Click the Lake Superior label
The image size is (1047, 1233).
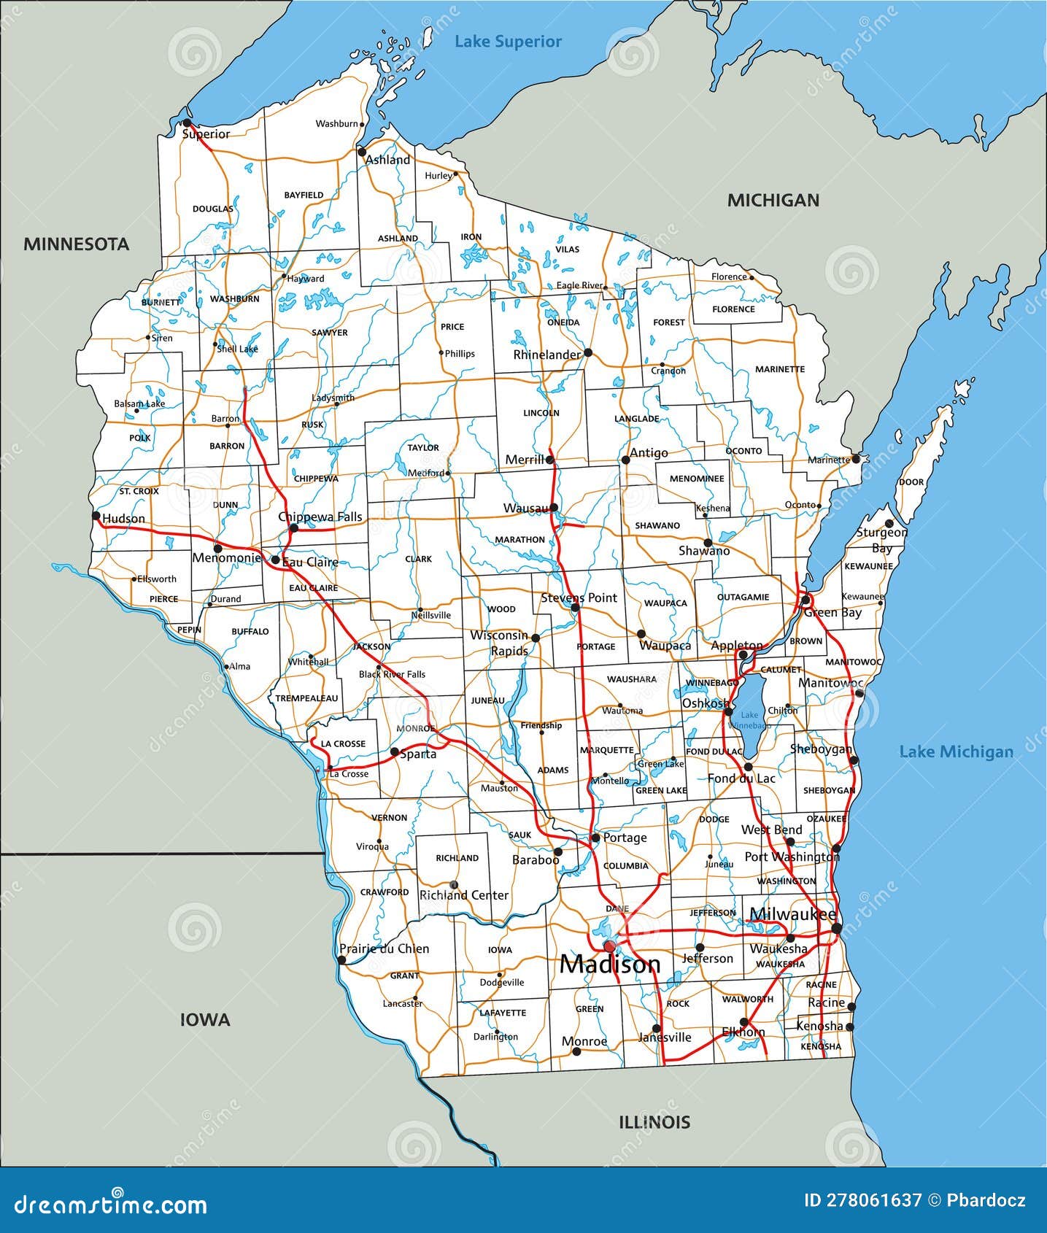[508, 42]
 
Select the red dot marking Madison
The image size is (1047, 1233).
[609, 946]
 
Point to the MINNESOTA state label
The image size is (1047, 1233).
[76, 244]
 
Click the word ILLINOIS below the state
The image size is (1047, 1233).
[654, 1122]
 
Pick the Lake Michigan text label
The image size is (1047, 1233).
[956, 751]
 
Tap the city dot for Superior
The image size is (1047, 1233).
[187, 123]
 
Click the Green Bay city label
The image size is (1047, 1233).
[832, 613]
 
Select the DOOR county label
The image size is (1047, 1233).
[911, 482]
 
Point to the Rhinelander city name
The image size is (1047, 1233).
[546, 355]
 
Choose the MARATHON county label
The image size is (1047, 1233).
[519, 540]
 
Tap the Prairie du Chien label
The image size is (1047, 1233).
[384, 948]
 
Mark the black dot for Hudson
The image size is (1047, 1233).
[96, 515]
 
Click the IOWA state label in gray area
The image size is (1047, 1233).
[205, 1020]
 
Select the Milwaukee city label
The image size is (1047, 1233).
[792, 914]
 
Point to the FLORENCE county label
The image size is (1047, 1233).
[733, 309]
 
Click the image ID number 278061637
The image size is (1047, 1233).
[863, 1201]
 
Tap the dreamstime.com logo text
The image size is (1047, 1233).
[111, 1204]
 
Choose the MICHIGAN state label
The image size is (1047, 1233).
[773, 200]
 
